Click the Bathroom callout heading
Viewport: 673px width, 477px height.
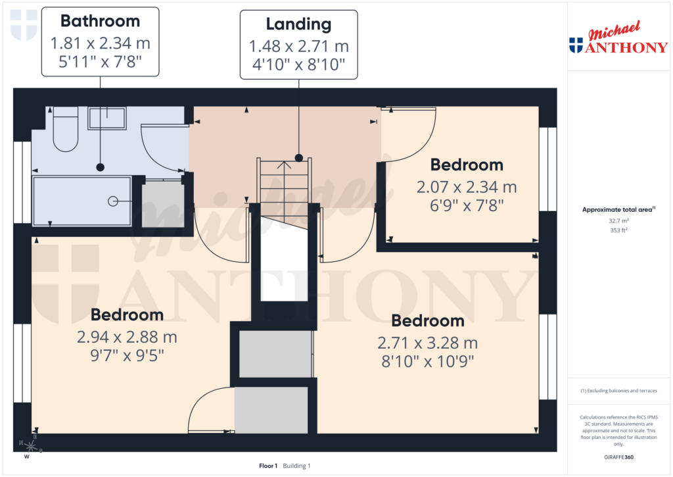101,21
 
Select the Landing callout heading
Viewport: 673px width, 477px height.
298,24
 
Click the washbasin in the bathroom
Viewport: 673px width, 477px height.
107,118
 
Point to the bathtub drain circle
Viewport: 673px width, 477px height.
112,201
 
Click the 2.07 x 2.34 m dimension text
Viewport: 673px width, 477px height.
467,187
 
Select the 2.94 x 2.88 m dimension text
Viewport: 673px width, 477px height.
127,338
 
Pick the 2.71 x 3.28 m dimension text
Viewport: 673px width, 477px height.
427,343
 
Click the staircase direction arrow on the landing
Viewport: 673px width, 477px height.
284,164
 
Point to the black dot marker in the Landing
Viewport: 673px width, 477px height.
299,158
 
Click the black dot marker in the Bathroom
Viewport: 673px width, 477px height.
100,167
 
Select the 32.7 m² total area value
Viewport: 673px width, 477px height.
618,222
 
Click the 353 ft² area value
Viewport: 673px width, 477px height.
618,230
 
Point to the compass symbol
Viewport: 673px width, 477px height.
30,445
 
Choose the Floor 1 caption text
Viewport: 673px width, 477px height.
269,466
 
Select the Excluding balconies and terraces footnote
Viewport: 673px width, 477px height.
618,391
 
